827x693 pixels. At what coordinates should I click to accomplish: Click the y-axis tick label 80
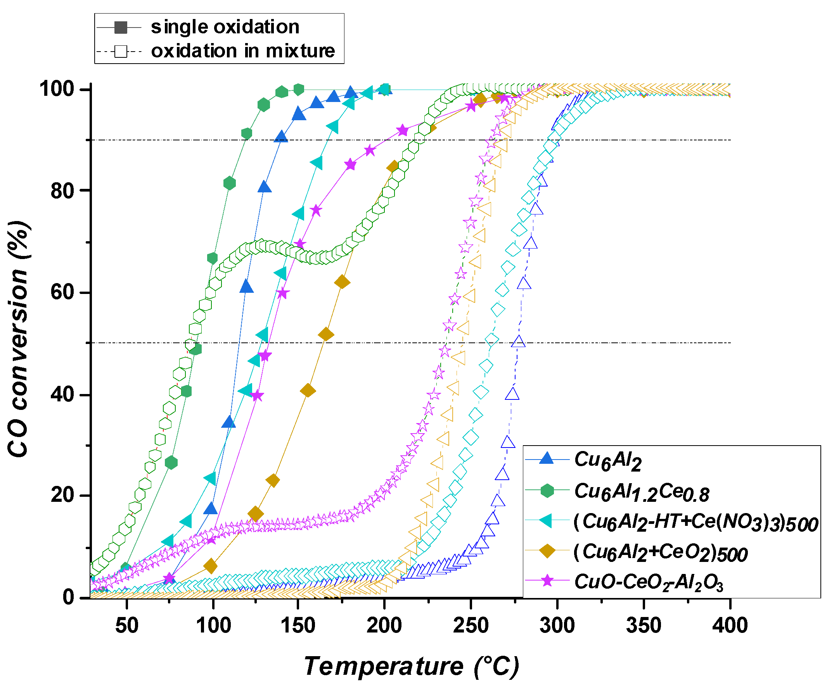[x=62, y=191]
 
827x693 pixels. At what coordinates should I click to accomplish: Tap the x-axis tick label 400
[x=730, y=625]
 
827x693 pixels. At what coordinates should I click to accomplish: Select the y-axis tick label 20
[x=62, y=495]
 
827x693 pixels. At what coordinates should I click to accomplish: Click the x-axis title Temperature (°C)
[x=411, y=666]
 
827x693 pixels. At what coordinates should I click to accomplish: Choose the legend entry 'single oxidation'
[x=225, y=27]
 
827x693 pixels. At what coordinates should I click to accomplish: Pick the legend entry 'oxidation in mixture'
[x=242, y=51]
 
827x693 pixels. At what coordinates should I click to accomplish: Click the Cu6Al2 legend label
[x=608, y=460]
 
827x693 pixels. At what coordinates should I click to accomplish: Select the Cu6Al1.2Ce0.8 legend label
[x=641, y=492]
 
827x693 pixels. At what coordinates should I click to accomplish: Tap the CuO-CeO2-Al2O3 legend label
[x=649, y=582]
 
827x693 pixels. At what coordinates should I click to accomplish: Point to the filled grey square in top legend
[x=121, y=28]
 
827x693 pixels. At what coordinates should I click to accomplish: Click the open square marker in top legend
[x=121, y=52]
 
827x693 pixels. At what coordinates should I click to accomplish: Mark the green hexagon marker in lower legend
[x=547, y=491]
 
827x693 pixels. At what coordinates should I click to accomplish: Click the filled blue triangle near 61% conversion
[x=247, y=287]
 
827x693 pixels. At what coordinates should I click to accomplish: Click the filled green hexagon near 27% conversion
[x=171, y=463]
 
